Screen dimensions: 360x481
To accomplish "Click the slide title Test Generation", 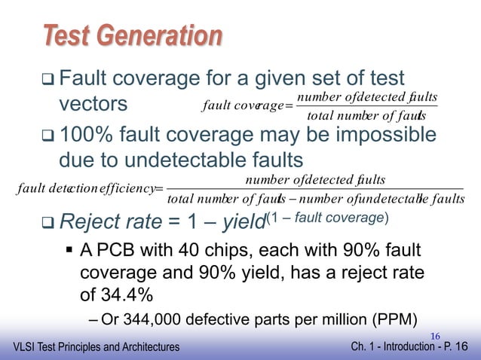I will [132, 35].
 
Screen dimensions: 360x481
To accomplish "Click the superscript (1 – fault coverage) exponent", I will [326, 217].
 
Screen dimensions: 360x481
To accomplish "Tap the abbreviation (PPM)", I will [396, 317].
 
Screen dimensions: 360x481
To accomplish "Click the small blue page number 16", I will [435, 334].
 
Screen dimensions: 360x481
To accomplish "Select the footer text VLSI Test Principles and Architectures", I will [97, 346].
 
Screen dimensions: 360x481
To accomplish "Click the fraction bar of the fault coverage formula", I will [367, 107].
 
